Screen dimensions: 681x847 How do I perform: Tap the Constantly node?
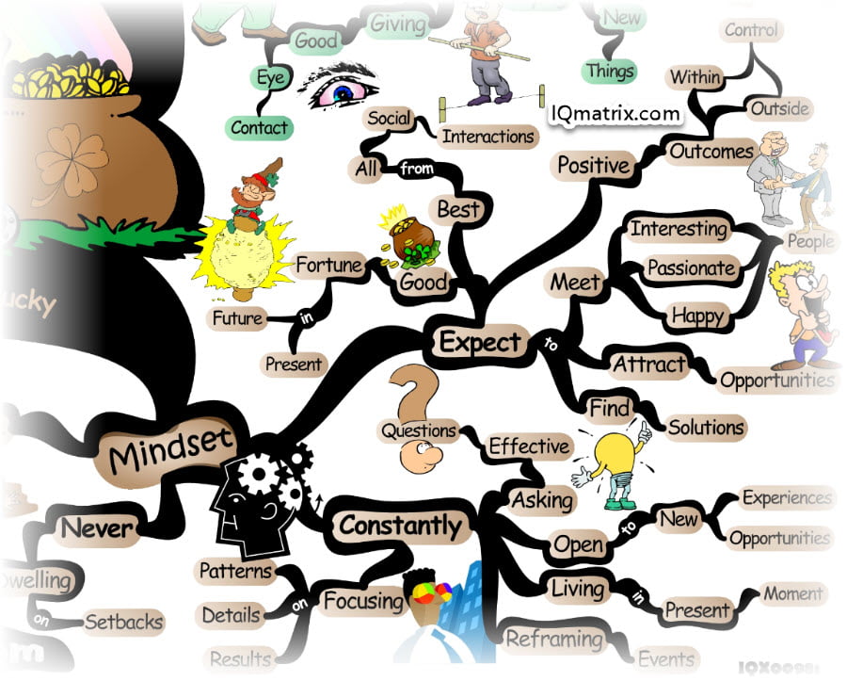(x=400, y=525)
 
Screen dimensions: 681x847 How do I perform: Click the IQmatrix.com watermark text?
(x=615, y=115)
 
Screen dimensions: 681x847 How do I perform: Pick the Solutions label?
(x=706, y=427)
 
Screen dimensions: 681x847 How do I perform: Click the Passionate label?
(x=691, y=268)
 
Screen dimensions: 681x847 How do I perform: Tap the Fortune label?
(x=329, y=267)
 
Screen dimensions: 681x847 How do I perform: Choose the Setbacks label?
(x=123, y=622)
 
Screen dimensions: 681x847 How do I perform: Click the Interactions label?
(x=488, y=136)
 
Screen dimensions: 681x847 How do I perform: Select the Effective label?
(x=529, y=446)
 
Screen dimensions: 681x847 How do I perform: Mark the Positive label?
(x=593, y=165)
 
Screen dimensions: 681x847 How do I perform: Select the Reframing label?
(x=554, y=640)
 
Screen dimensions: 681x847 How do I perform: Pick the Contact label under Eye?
(x=259, y=126)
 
